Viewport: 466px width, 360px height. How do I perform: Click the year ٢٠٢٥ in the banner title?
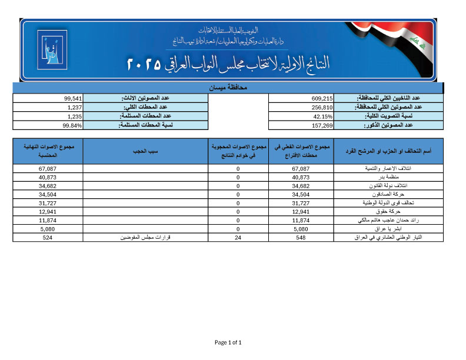(144, 64)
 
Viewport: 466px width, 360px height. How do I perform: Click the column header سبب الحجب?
(146, 152)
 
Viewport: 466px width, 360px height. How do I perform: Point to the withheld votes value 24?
(238, 237)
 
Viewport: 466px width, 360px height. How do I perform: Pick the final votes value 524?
(48, 237)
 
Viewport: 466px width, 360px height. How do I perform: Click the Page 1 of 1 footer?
(228, 342)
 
